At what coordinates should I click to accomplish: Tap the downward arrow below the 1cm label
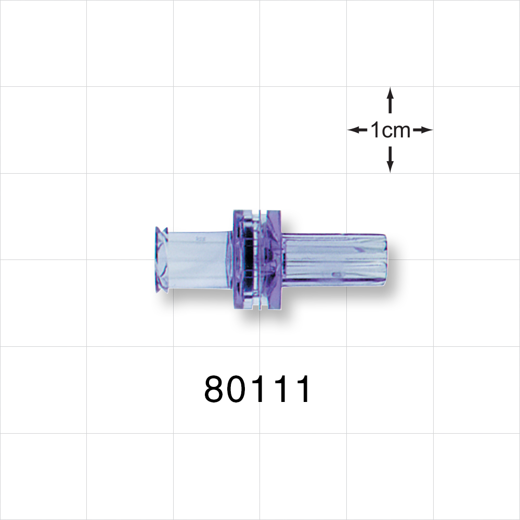(390, 160)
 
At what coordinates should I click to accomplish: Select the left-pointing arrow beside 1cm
(357, 130)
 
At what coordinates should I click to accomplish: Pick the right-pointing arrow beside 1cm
(423, 130)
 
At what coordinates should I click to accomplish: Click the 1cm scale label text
(390, 130)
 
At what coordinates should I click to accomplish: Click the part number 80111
(258, 389)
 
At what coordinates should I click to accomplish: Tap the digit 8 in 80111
(217, 389)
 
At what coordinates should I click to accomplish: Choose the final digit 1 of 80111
(301, 389)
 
